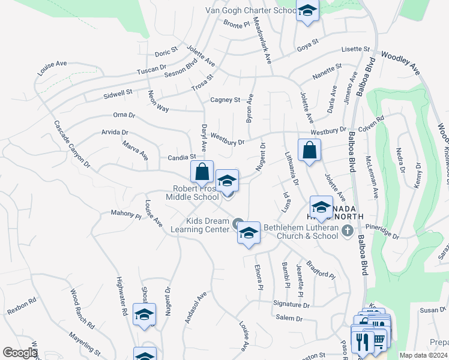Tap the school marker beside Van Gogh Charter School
(x=307, y=11)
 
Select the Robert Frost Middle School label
(x=193, y=193)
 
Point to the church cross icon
(x=347, y=230)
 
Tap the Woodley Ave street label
(x=400, y=62)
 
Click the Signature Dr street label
(x=291, y=305)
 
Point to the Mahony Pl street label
(x=125, y=212)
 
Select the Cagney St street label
(x=225, y=100)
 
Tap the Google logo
(x=20, y=353)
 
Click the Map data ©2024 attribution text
(x=423, y=355)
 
